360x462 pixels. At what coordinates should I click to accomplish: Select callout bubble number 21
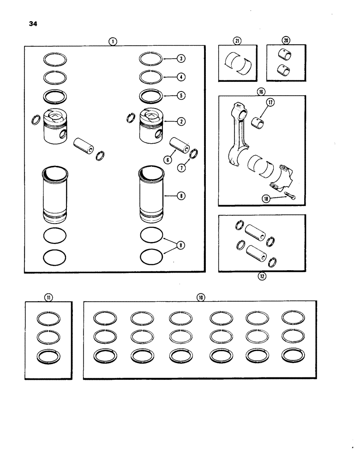pyautogui.click(x=237, y=41)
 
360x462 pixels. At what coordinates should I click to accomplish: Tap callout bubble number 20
pyautogui.click(x=286, y=41)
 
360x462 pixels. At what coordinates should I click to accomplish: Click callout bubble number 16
pyautogui.click(x=262, y=91)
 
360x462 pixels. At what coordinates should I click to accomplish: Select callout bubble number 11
pyautogui.click(x=48, y=298)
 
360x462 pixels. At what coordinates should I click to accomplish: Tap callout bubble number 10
pyautogui.click(x=200, y=298)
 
